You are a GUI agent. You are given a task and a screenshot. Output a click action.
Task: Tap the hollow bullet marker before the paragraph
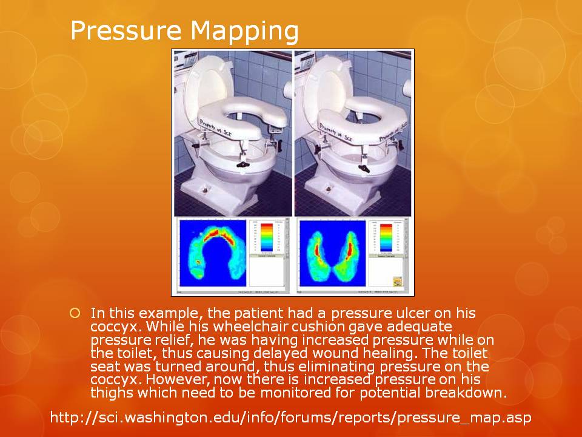[75, 313]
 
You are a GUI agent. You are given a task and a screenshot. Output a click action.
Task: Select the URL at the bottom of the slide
[291, 418]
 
